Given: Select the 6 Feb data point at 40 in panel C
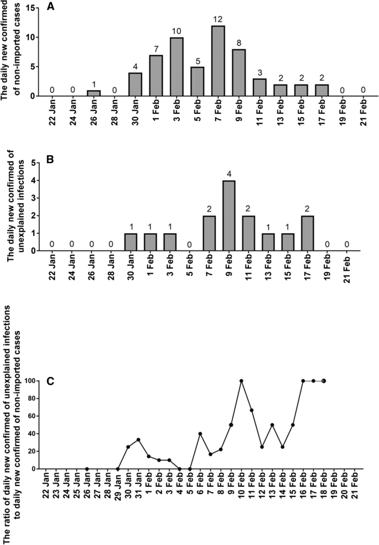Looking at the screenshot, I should coord(200,433).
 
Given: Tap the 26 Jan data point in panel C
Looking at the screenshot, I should coord(87,469).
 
